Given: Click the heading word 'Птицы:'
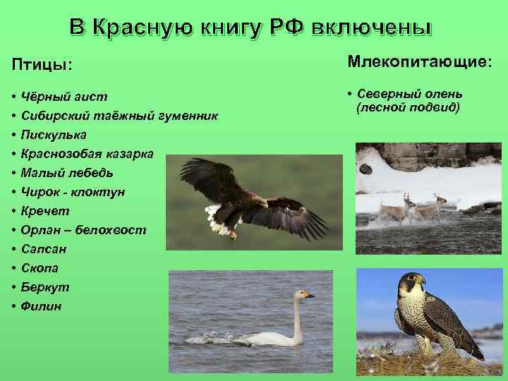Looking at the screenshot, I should [x=42, y=64].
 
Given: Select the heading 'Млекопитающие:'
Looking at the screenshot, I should [x=419, y=63].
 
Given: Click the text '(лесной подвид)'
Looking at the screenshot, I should [x=409, y=108].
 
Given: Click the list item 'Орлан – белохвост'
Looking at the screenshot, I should [x=84, y=230].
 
